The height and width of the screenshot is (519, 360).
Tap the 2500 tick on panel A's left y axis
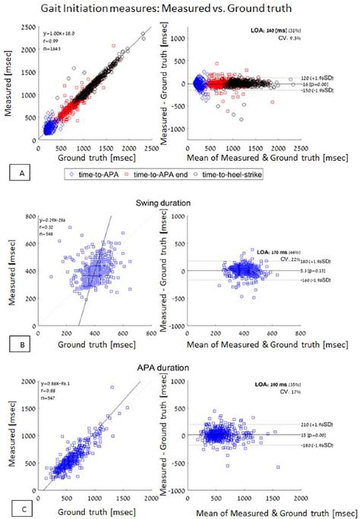click(x=30, y=27)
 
